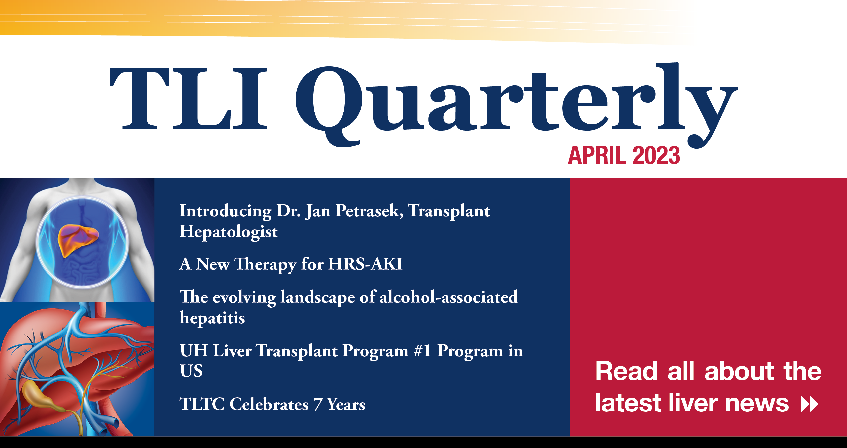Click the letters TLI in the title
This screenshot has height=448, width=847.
[x=188, y=99]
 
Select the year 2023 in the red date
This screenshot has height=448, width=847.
[x=656, y=155]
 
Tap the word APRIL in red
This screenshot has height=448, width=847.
[x=598, y=155]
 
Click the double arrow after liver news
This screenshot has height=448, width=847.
[x=810, y=404]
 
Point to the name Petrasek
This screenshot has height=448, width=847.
[x=369, y=211]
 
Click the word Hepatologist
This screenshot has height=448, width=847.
[x=229, y=232]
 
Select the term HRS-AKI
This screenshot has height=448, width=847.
[x=365, y=264]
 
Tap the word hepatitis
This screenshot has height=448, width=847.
[x=213, y=318]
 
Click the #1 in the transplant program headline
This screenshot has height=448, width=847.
[x=423, y=351]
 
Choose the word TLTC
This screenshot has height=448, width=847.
[x=202, y=404]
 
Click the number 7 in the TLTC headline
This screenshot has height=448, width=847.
[x=318, y=405]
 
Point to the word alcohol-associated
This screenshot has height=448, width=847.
[x=448, y=297]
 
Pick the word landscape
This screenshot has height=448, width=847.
[x=318, y=298]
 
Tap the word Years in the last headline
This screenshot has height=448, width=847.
[x=346, y=405]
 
